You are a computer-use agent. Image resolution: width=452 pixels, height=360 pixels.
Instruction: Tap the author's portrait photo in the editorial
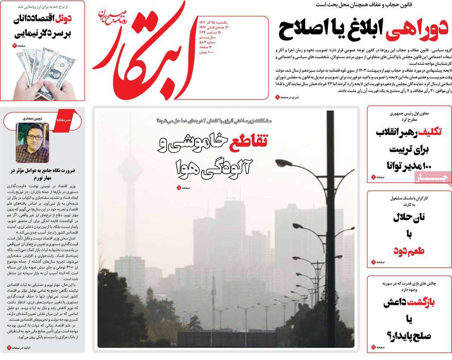tap(32, 143)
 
